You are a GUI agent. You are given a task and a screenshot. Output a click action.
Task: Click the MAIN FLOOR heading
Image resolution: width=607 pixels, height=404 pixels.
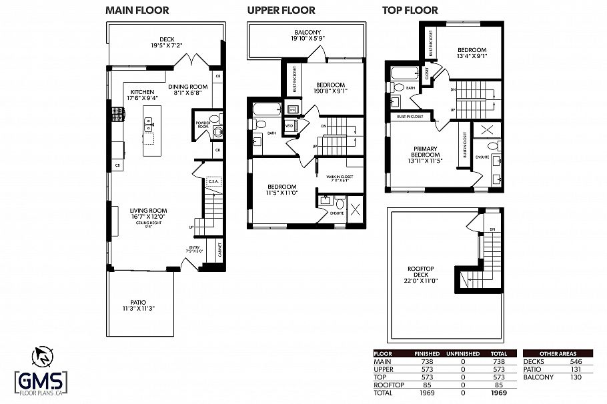coord(137,10)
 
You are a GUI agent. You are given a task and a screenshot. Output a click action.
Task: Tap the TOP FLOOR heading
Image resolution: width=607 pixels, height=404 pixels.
coord(410,10)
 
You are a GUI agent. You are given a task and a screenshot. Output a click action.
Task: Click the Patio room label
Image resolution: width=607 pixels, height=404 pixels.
coord(138,305)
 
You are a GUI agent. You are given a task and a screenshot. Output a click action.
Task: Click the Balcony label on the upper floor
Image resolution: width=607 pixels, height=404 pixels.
coord(308,35)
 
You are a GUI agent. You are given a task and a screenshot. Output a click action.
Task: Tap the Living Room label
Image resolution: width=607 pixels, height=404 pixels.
coord(148,215)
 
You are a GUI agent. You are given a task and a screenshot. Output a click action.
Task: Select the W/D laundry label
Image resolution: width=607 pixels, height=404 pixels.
coord(289,125)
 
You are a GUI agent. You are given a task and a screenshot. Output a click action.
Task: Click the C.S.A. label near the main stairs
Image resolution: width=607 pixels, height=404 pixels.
coord(213,180)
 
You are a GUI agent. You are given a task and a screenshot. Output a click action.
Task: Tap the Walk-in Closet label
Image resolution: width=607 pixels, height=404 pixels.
coord(340,178)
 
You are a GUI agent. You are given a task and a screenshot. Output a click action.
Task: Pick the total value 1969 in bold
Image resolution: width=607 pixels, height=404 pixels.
coord(500,393)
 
